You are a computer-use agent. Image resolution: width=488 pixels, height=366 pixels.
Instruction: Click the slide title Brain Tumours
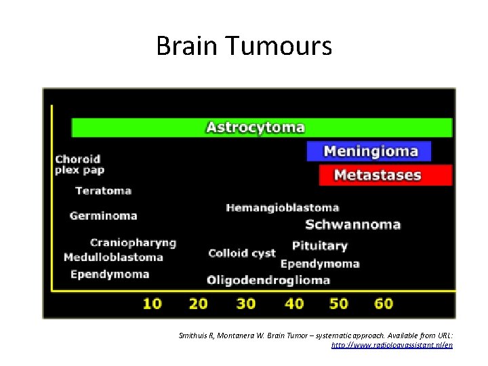click(244, 46)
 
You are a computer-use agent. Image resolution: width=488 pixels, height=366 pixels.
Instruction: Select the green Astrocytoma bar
click(262, 127)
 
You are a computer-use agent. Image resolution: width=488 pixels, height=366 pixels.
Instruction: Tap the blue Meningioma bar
click(370, 151)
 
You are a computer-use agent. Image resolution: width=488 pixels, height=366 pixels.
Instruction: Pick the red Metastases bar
click(384, 175)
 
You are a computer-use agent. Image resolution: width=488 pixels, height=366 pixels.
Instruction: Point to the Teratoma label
click(103, 191)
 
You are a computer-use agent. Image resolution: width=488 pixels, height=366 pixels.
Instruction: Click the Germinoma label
click(103, 216)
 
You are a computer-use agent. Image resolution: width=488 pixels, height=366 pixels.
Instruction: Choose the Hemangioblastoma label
click(282, 207)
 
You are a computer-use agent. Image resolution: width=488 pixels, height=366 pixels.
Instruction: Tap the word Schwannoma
click(352, 224)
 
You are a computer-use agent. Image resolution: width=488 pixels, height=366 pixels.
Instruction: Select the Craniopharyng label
click(133, 243)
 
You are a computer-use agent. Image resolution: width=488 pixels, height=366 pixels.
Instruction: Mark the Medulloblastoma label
click(113, 258)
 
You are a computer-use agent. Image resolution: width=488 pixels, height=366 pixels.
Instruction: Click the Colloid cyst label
click(242, 253)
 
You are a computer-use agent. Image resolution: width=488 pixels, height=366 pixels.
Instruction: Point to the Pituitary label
click(319, 245)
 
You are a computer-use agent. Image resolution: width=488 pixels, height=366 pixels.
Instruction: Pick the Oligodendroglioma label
click(268, 280)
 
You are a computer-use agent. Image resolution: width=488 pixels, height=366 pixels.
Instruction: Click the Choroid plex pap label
click(79, 165)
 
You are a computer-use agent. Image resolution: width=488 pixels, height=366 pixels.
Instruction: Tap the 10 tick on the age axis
click(152, 303)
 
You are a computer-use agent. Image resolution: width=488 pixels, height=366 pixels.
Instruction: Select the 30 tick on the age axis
click(245, 303)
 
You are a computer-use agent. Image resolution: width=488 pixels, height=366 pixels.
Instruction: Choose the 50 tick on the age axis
click(338, 303)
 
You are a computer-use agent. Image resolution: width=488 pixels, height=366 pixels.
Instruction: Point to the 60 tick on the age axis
click(384, 303)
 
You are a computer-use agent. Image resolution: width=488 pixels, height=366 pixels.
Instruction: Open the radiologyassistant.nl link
click(392, 346)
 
